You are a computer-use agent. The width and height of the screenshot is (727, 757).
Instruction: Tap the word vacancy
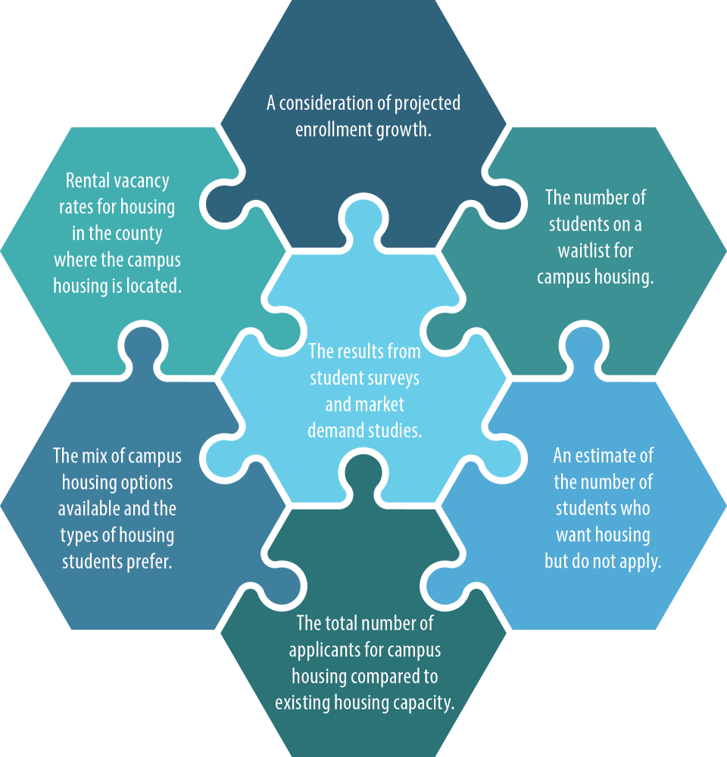click(x=142, y=182)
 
